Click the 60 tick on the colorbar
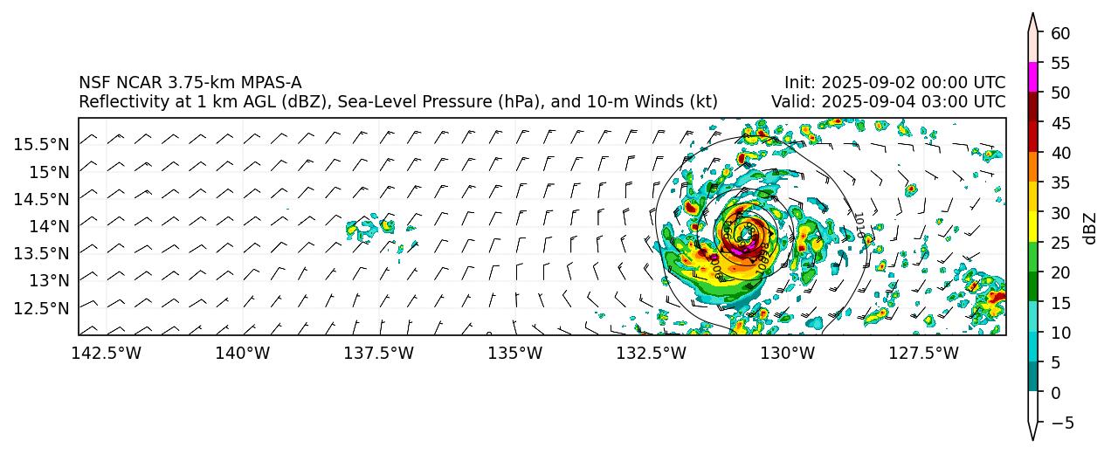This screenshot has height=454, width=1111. point(1060,33)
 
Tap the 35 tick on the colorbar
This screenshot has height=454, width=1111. point(1060,182)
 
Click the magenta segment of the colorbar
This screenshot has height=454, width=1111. point(1032,77)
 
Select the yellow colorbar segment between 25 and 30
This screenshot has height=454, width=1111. point(1032,227)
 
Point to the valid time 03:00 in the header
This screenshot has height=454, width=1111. point(934,101)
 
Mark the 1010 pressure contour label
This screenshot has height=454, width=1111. point(859,224)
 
